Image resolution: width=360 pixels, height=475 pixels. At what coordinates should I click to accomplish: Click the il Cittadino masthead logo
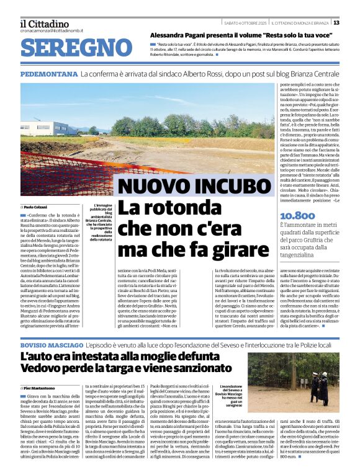click(x=43, y=24)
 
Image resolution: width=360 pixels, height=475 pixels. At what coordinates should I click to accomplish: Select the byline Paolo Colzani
click(x=35, y=206)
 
